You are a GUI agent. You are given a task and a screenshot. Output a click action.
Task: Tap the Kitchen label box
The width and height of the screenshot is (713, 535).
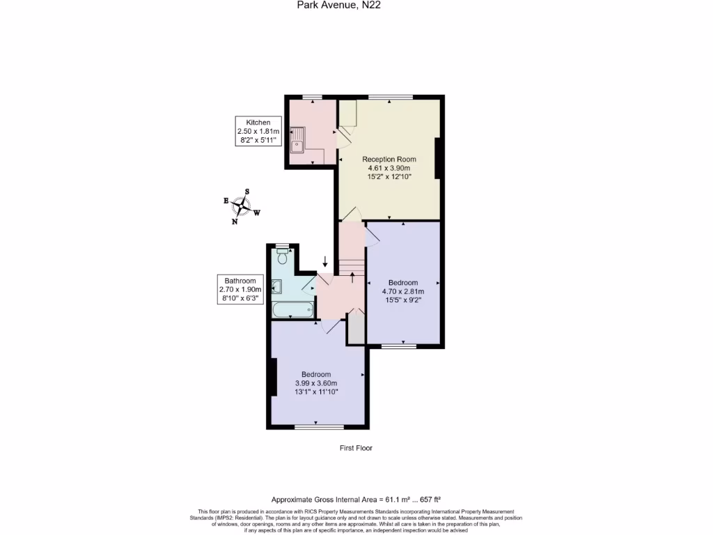[x=258, y=132]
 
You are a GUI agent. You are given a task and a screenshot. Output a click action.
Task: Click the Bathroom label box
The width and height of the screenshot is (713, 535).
[x=239, y=289]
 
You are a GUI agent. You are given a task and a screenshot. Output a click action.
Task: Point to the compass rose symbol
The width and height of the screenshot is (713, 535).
[x=242, y=206]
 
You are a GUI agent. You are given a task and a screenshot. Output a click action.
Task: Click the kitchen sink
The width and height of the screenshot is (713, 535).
[x=298, y=139]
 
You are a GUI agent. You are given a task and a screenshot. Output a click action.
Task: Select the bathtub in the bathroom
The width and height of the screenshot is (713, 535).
[x=292, y=309]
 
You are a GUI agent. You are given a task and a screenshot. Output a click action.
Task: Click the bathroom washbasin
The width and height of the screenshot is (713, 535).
[x=276, y=286]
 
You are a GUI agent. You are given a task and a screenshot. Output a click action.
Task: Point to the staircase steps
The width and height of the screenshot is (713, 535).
[x=352, y=267]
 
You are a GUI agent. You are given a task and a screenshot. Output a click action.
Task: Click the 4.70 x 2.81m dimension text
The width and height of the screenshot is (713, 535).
[x=402, y=291]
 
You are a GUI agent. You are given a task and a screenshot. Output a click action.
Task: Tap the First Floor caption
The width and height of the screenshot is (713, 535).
[x=356, y=448]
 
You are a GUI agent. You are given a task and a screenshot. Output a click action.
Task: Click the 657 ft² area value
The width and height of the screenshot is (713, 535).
[x=428, y=499]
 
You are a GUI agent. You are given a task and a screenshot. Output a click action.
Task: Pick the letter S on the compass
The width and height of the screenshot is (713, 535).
[x=247, y=192]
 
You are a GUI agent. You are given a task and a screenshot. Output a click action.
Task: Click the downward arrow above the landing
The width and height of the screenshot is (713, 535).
[x=324, y=261]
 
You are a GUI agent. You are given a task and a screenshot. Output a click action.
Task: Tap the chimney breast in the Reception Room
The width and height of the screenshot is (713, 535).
[x=438, y=158]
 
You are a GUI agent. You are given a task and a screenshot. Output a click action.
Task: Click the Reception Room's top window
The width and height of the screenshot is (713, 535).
[x=390, y=96]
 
